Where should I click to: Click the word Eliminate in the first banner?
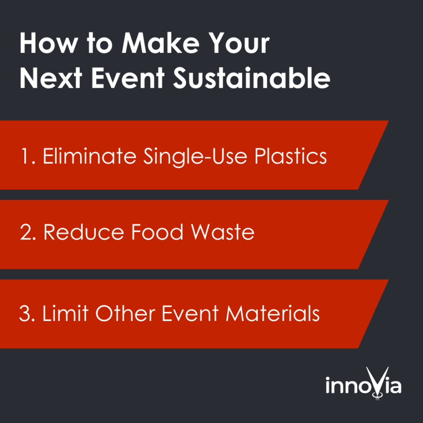(90, 156)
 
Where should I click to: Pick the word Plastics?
(291, 156)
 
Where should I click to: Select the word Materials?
(273, 313)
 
